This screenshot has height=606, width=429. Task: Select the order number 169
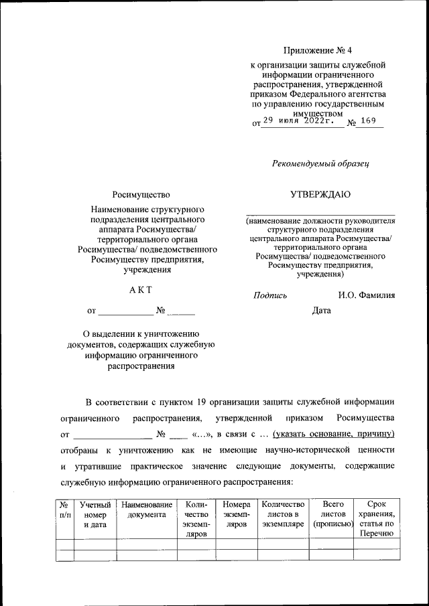click(x=368, y=121)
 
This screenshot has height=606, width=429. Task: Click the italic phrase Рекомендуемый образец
click(x=320, y=163)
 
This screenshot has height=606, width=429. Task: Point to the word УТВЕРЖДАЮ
click(x=320, y=195)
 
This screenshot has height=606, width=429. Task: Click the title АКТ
click(x=141, y=289)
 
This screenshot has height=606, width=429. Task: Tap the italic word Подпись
click(x=270, y=295)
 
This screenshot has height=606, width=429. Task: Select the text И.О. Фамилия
click(x=367, y=295)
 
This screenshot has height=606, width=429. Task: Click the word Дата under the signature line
click(x=322, y=311)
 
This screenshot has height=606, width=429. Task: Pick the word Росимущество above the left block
click(x=141, y=195)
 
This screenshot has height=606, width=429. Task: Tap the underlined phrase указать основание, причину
click(x=334, y=433)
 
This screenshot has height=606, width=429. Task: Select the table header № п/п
click(x=64, y=510)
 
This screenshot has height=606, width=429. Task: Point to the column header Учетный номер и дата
click(x=95, y=515)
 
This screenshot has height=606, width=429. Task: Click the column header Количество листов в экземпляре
click(x=283, y=515)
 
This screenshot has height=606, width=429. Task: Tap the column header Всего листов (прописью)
click(x=333, y=515)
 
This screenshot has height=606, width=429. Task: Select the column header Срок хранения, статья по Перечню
click(x=377, y=520)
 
